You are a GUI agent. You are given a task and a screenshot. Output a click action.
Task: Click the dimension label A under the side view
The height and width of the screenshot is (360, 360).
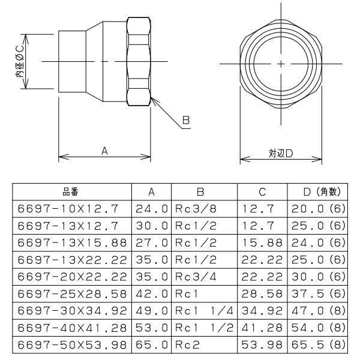tap(104, 152)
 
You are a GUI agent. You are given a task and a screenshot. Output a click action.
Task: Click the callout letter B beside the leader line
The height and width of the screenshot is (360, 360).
tap(186, 121)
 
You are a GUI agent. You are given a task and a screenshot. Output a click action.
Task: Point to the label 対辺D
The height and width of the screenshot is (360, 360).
tap(280, 153)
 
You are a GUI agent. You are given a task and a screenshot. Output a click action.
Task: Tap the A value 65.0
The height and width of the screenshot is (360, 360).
tap(152, 346)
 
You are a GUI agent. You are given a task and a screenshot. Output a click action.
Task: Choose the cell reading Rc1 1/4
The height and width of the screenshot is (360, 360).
tap(204, 311)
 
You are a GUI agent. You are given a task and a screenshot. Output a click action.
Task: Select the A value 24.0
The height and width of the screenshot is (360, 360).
tap(152, 209)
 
